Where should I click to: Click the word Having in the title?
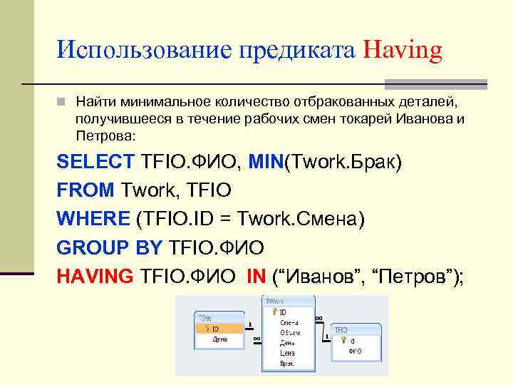pos(403,51)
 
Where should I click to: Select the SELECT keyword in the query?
pos(95,162)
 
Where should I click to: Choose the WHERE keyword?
pos(92,219)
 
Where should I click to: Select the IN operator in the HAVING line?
pos(256,276)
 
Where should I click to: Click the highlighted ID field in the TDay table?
pos(215,329)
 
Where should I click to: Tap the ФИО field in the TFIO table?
pos(355,351)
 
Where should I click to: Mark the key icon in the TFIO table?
pos(341,341)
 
